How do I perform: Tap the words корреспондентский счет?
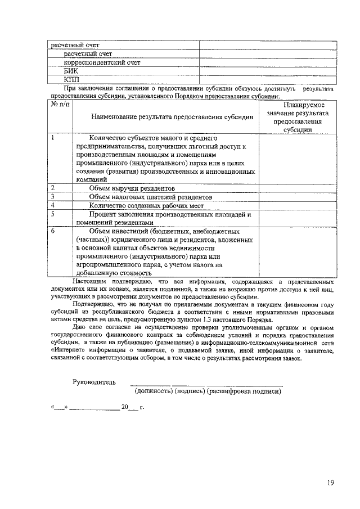94,63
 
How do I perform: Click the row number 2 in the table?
53,187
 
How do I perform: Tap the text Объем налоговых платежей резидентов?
150,197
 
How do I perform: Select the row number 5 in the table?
53,214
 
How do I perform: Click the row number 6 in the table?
53,231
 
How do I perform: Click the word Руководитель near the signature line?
94,382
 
